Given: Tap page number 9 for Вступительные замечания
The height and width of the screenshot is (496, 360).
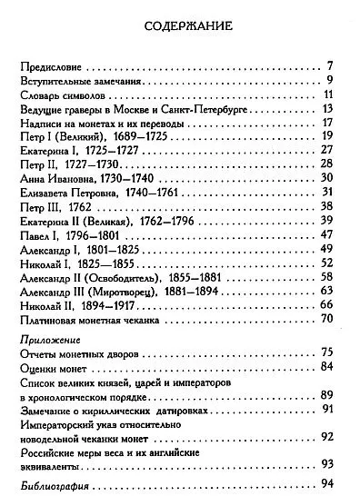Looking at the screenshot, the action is (335, 82).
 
